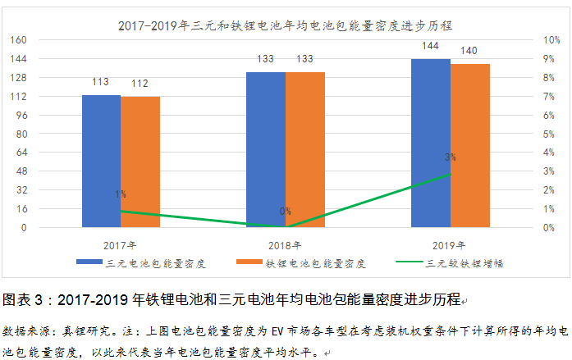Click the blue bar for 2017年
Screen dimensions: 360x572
tap(101, 161)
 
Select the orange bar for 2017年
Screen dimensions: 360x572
tap(140, 162)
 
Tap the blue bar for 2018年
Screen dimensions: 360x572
tap(266, 149)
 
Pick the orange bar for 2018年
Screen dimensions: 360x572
tap(305, 149)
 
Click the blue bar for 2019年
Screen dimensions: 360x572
tap(431, 143)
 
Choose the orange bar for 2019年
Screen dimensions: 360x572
tap(470, 145)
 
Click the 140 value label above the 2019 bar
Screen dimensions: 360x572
tap(470, 51)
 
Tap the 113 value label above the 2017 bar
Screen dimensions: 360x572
tap(101, 82)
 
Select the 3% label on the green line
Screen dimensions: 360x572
tap(450, 157)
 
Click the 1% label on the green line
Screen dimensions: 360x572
tap(121, 194)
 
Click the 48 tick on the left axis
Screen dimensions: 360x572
tap(23, 171)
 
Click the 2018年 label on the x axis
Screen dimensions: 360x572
tap(285, 244)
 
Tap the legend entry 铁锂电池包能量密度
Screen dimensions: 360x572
tap(314, 263)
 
